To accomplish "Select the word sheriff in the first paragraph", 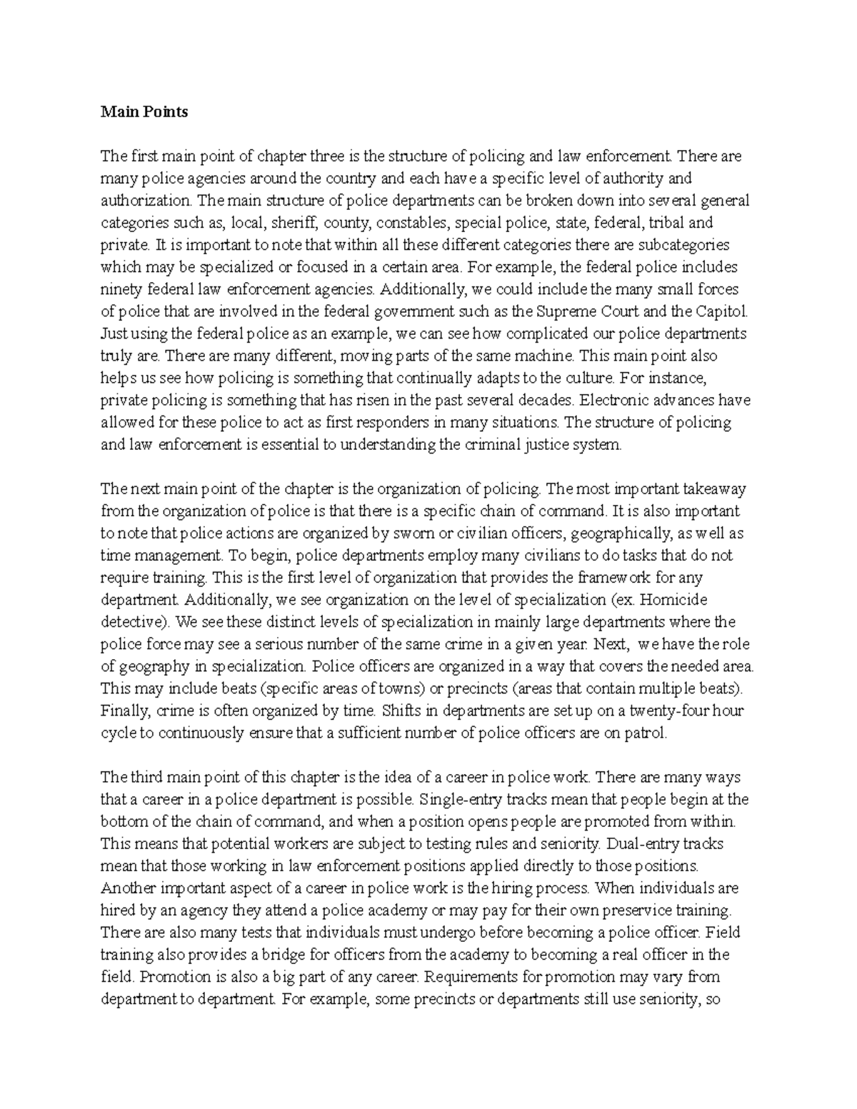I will (295, 222).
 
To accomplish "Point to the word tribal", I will (667, 222).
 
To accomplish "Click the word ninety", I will (121, 289).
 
